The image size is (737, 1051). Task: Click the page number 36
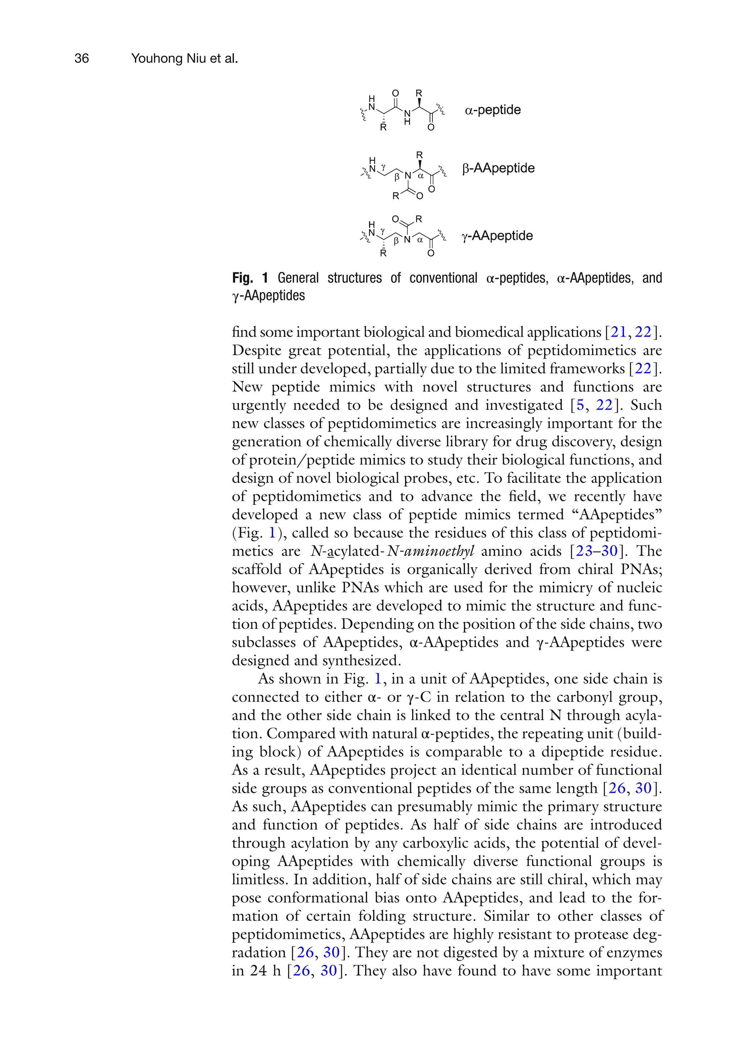click(82, 59)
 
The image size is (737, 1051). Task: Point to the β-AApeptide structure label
click(498, 168)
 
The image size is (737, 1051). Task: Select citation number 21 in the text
click(618, 332)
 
